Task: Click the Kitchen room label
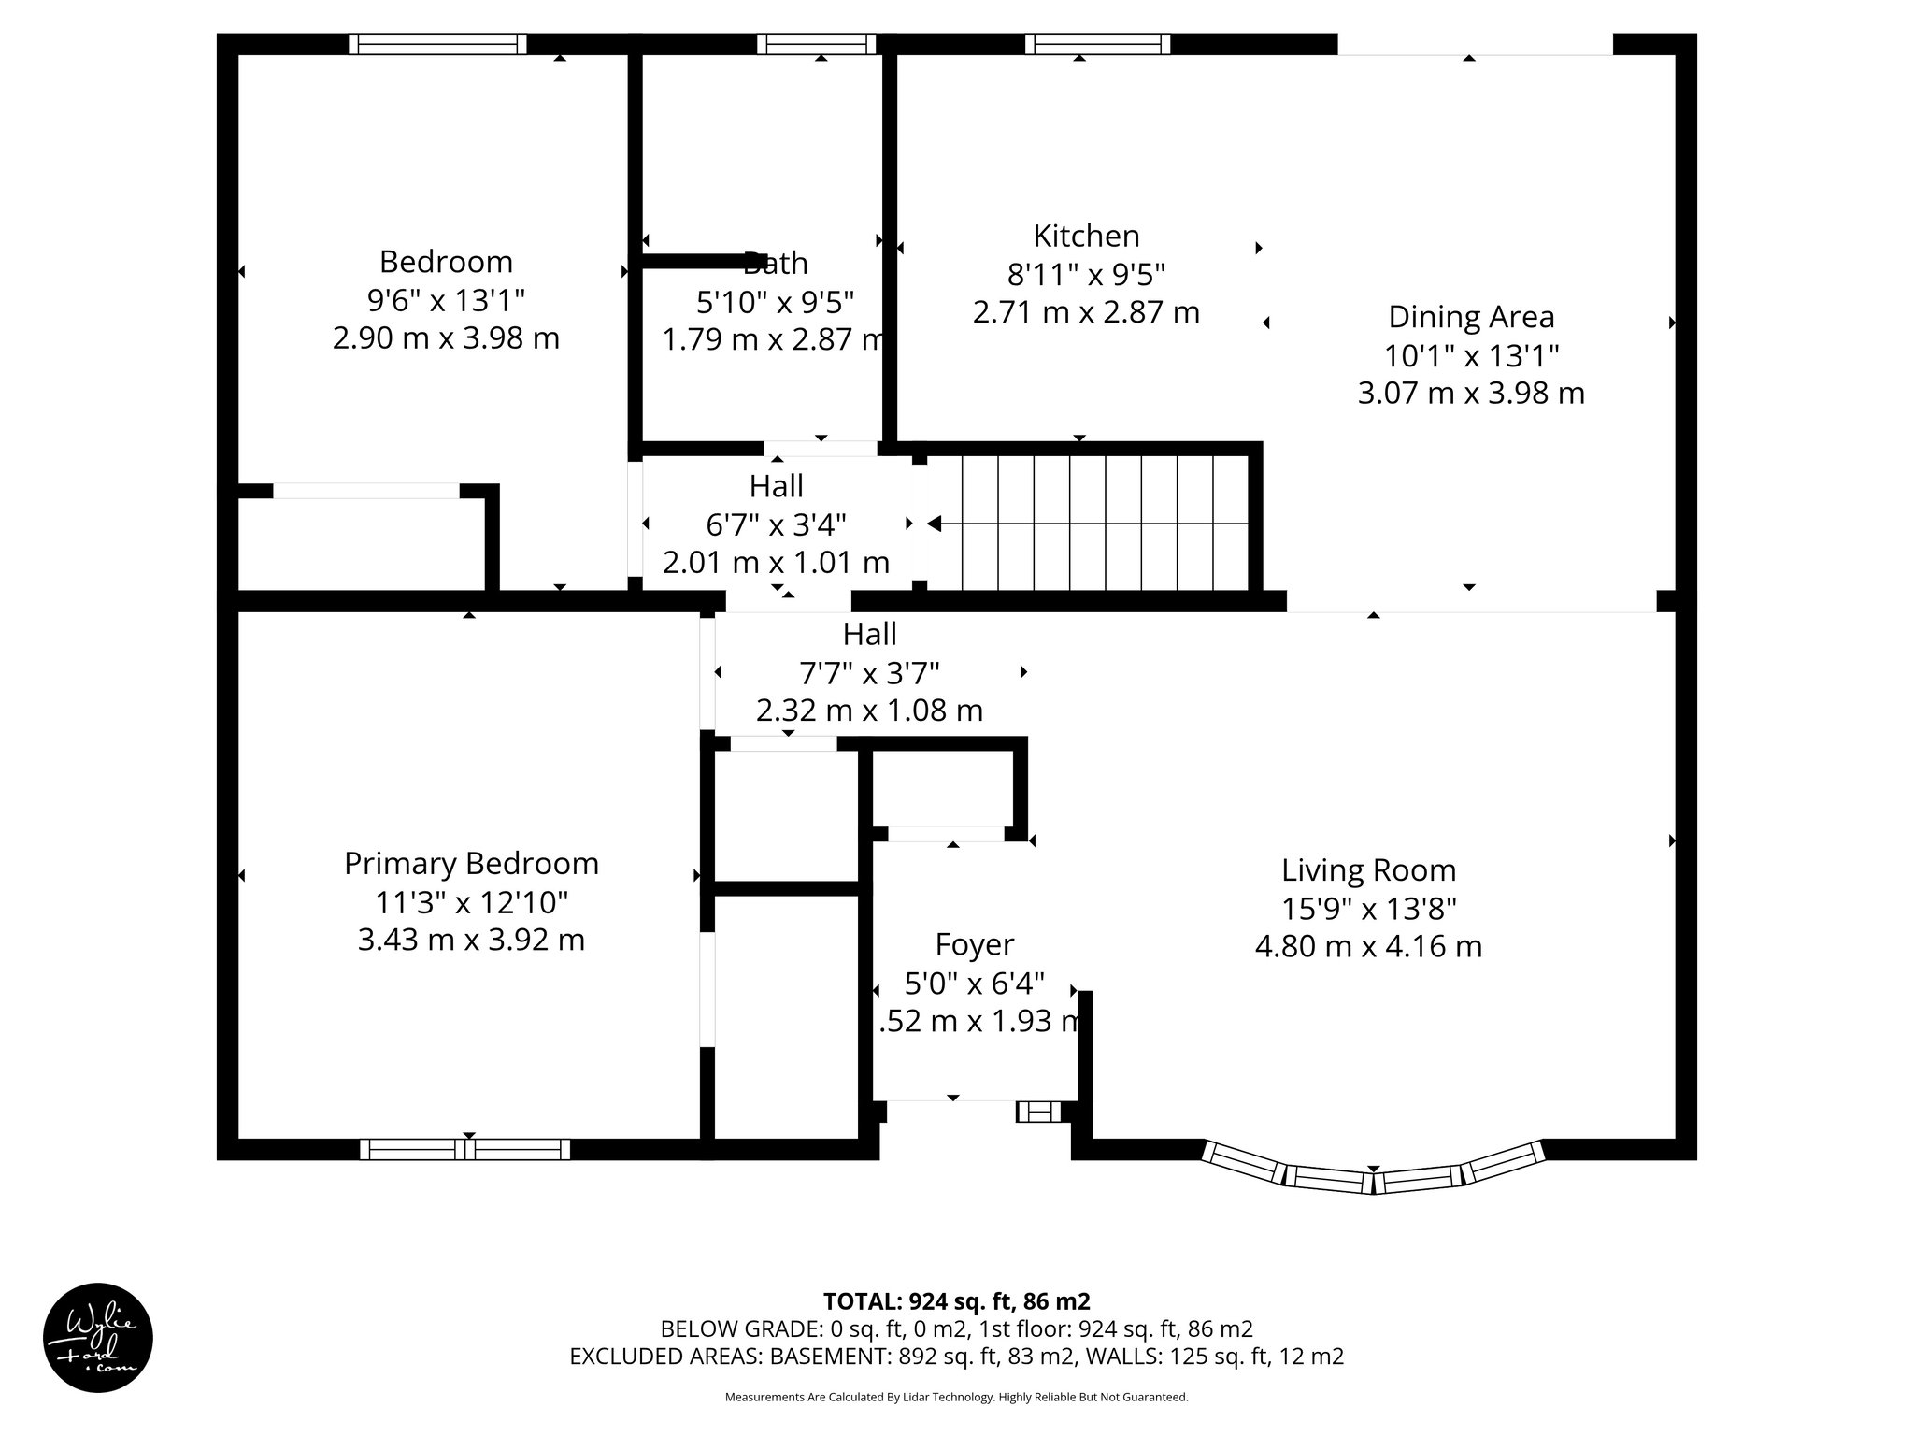tap(1086, 235)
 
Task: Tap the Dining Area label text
tap(1471, 317)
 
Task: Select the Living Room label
tap(1368, 870)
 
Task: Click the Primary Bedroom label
tap(471, 863)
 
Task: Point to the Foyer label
tap(974, 944)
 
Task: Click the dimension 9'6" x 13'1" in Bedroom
tap(446, 300)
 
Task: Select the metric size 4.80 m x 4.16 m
tap(1368, 946)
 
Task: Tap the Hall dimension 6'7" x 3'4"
tap(776, 524)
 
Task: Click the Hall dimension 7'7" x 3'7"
tap(869, 672)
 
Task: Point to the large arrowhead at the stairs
tap(933, 524)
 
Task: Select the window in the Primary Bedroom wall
tap(464, 1149)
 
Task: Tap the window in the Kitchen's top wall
tap(1097, 44)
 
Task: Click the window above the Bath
tap(817, 44)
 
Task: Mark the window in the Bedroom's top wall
tap(437, 44)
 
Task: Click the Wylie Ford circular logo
tap(98, 1338)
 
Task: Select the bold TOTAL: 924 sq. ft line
tap(956, 1301)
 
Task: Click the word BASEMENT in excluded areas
tap(830, 1357)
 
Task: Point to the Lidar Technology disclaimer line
tap(956, 1398)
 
